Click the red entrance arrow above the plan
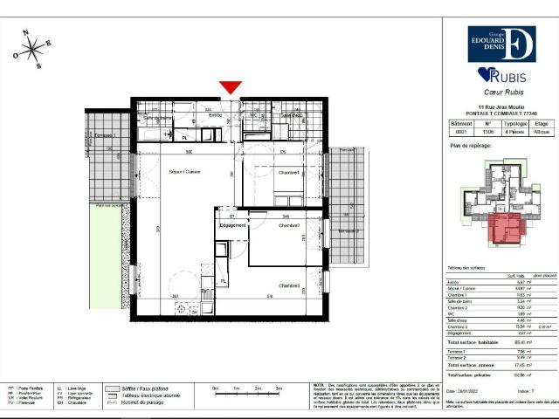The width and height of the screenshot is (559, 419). click(230, 87)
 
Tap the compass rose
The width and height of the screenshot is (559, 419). click(34, 49)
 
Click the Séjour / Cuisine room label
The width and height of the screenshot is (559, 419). click(185, 172)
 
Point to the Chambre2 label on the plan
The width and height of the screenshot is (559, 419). click(289, 225)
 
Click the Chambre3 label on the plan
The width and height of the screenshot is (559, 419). click(290, 285)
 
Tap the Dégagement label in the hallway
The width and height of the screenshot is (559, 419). click(232, 225)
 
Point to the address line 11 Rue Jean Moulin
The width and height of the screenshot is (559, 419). click(497, 106)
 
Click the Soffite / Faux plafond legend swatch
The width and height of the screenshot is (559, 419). click(114, 388)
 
